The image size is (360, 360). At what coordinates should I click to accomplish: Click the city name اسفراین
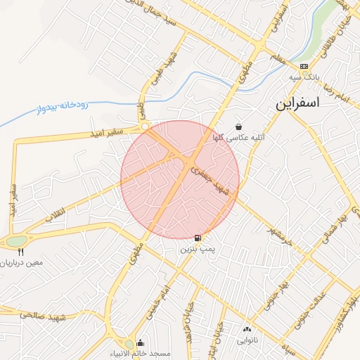(x=296, y=103)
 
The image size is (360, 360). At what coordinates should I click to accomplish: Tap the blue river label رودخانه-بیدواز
(x=61, y=108)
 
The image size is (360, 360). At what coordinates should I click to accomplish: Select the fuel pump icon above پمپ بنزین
(x=197, y=238)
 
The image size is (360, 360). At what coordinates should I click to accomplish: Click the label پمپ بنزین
(x=195, y=249)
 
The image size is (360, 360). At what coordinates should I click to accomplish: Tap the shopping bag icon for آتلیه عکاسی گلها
(x=239, y=127)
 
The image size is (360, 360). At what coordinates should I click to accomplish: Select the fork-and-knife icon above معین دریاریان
(x=21, y=251)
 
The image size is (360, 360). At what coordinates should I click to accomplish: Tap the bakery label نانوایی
(x=247, y=340)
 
